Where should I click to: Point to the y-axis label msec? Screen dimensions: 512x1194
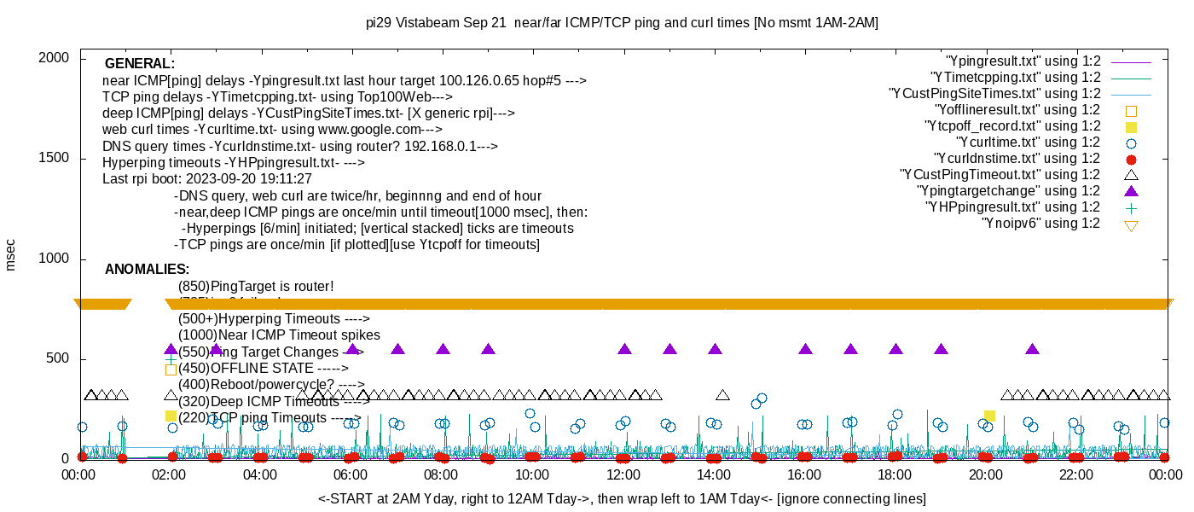(10, 254)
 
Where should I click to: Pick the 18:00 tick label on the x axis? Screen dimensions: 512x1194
(895, 474)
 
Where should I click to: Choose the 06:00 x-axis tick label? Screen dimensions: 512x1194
(351, 474)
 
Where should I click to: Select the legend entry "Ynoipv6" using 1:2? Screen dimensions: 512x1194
(1040, 224)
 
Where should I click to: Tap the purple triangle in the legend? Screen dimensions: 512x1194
(1132, 191)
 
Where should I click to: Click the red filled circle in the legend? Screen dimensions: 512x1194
(1132, 159)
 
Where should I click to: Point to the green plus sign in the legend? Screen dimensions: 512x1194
(1132, 207)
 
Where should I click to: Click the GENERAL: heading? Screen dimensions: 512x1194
(140, 64)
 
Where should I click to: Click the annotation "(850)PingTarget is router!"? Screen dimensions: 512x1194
(256, 287)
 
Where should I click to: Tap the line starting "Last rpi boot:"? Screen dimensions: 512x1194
(207, 179)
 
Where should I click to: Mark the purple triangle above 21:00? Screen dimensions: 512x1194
(1032, 349)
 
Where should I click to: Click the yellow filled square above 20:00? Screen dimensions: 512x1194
(989, 416)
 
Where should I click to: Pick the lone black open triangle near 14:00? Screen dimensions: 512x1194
(723, 395)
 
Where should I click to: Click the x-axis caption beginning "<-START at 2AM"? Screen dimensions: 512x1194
(622, 498)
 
